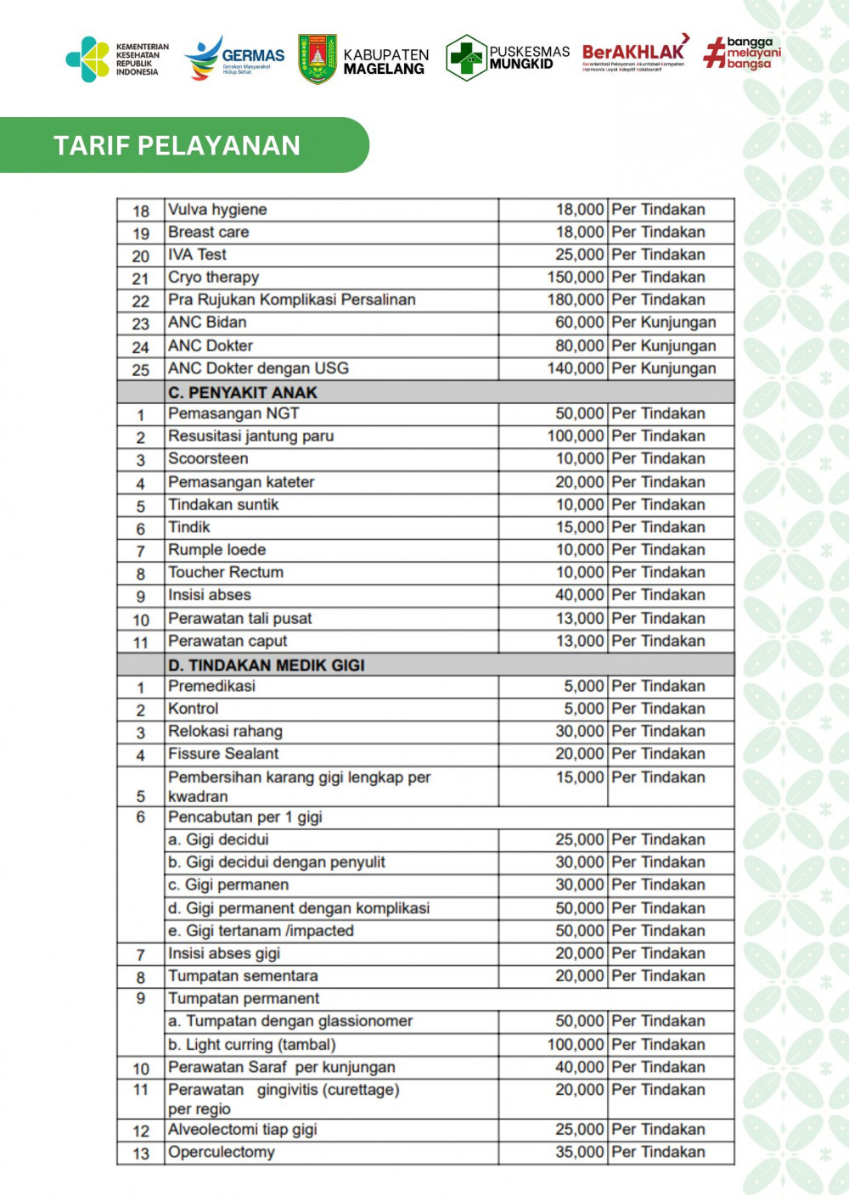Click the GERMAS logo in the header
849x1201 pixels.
click(x=234, y=59)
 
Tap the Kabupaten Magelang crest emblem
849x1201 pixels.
click(x=318, y=59)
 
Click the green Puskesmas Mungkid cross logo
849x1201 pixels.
click(x=465, y=58)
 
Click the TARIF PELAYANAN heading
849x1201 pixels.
click(x=177, y=145)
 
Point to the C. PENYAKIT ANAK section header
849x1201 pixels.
click(x=242, y=392)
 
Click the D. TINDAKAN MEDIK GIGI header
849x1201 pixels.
click(x=266, y=665)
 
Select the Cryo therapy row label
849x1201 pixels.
click(x=213, y=277)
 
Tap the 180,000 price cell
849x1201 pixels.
click(x=575, y=300)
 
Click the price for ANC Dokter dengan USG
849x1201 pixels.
click(x=575, y=368)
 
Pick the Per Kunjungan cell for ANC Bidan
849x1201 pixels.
click(x=663, y=323)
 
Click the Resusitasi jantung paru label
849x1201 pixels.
click(x=250, y=436)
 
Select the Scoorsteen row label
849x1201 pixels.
click(x=208, y=458)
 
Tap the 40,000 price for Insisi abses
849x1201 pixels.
click(x=579, y=595)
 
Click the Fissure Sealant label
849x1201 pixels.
click(x=223, y=754)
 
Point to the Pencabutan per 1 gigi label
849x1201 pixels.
click(x=245, y=817)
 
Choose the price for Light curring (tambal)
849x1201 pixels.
click(x=575, y=1044)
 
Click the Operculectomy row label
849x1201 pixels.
click(x=221, y=1152)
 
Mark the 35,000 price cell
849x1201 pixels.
click(x=579, y=1152)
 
